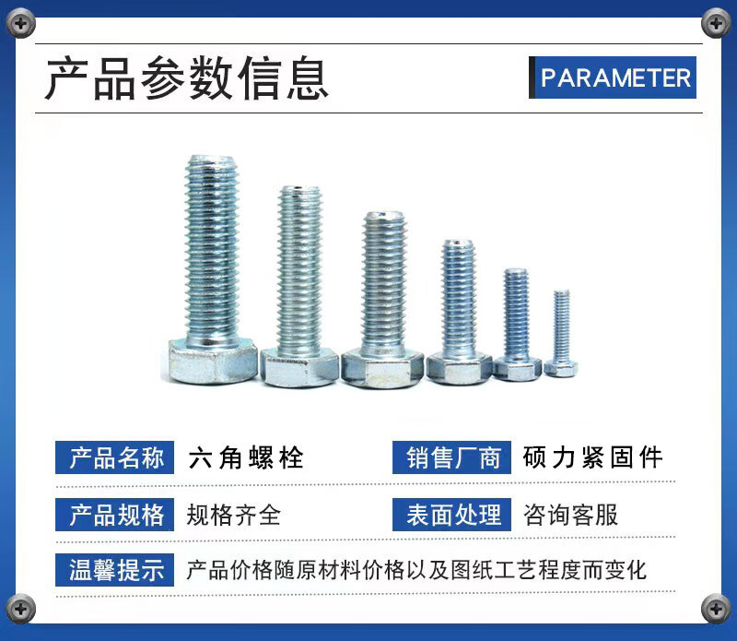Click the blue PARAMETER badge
click(613, 77)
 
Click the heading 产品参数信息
click(187, 77)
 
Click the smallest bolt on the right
click(561, 334)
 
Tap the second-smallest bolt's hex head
click(517, 369)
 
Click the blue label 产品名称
click(114, 457)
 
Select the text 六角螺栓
click(246, 457)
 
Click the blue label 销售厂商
click(451, 457)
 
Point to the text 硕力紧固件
click(592, 457)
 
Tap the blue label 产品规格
click(114, 515)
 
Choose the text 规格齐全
click(234, 515)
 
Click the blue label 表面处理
click(451, 515)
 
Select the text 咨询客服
click(570, 515)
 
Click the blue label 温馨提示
click(114, 570)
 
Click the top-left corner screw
click(20, 24)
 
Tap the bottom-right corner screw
click(716, 609)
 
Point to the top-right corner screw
click(716, 23)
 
